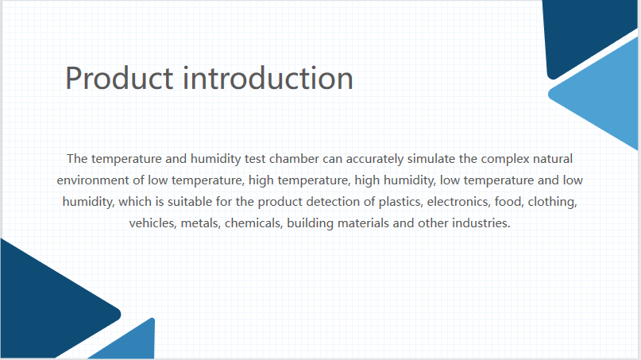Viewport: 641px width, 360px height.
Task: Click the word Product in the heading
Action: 119,78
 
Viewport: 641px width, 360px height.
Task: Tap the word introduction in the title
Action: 268,78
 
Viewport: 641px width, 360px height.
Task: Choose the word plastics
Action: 401,202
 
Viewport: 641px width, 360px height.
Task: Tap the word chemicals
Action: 254,223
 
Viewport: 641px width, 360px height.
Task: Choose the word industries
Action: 481,223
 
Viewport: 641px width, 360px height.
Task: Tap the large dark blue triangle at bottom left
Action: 53,303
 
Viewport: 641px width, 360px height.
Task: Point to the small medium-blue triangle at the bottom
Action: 131,343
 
